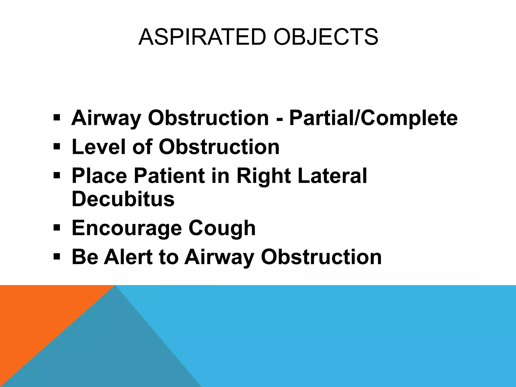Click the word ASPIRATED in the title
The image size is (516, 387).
point(202,37)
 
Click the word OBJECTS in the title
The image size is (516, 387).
point(326,37)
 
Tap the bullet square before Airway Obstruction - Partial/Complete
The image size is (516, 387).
point(57,117)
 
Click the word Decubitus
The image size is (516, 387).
point(123,199)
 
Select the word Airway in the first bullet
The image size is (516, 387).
point(106,118)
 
